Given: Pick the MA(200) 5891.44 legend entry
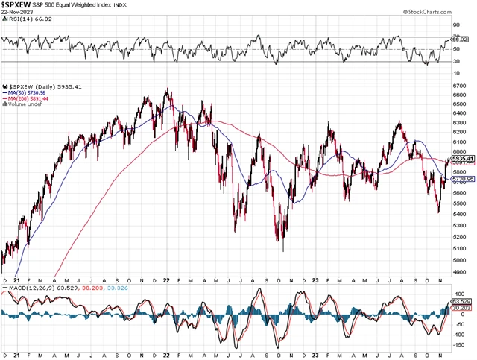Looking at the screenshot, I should tap(27, 98).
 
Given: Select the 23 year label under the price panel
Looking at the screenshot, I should tap(315, 278).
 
